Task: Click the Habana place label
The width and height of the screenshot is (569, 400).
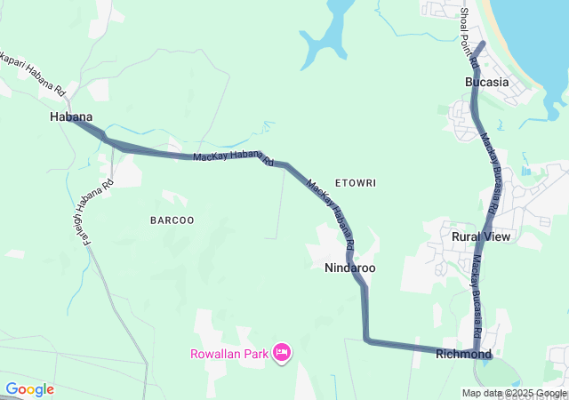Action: (71, 116)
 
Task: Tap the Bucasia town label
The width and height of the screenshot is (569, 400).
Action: (486, 82)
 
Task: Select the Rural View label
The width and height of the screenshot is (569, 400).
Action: (481, 236)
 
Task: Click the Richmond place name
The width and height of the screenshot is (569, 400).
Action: (463, 354)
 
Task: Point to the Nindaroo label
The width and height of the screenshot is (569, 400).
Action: (349, 268)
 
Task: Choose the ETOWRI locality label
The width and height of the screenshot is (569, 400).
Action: (356, 182)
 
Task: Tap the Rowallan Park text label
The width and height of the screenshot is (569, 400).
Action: (229, 354)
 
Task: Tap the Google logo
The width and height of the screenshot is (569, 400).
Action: (29, 389)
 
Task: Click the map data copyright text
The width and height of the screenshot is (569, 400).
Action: (514, 393)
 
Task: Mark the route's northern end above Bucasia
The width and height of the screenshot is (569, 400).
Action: (482, 43)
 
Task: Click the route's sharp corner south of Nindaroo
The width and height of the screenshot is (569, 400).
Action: (366, 339)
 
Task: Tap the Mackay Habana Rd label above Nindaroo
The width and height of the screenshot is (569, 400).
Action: (331, 214)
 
